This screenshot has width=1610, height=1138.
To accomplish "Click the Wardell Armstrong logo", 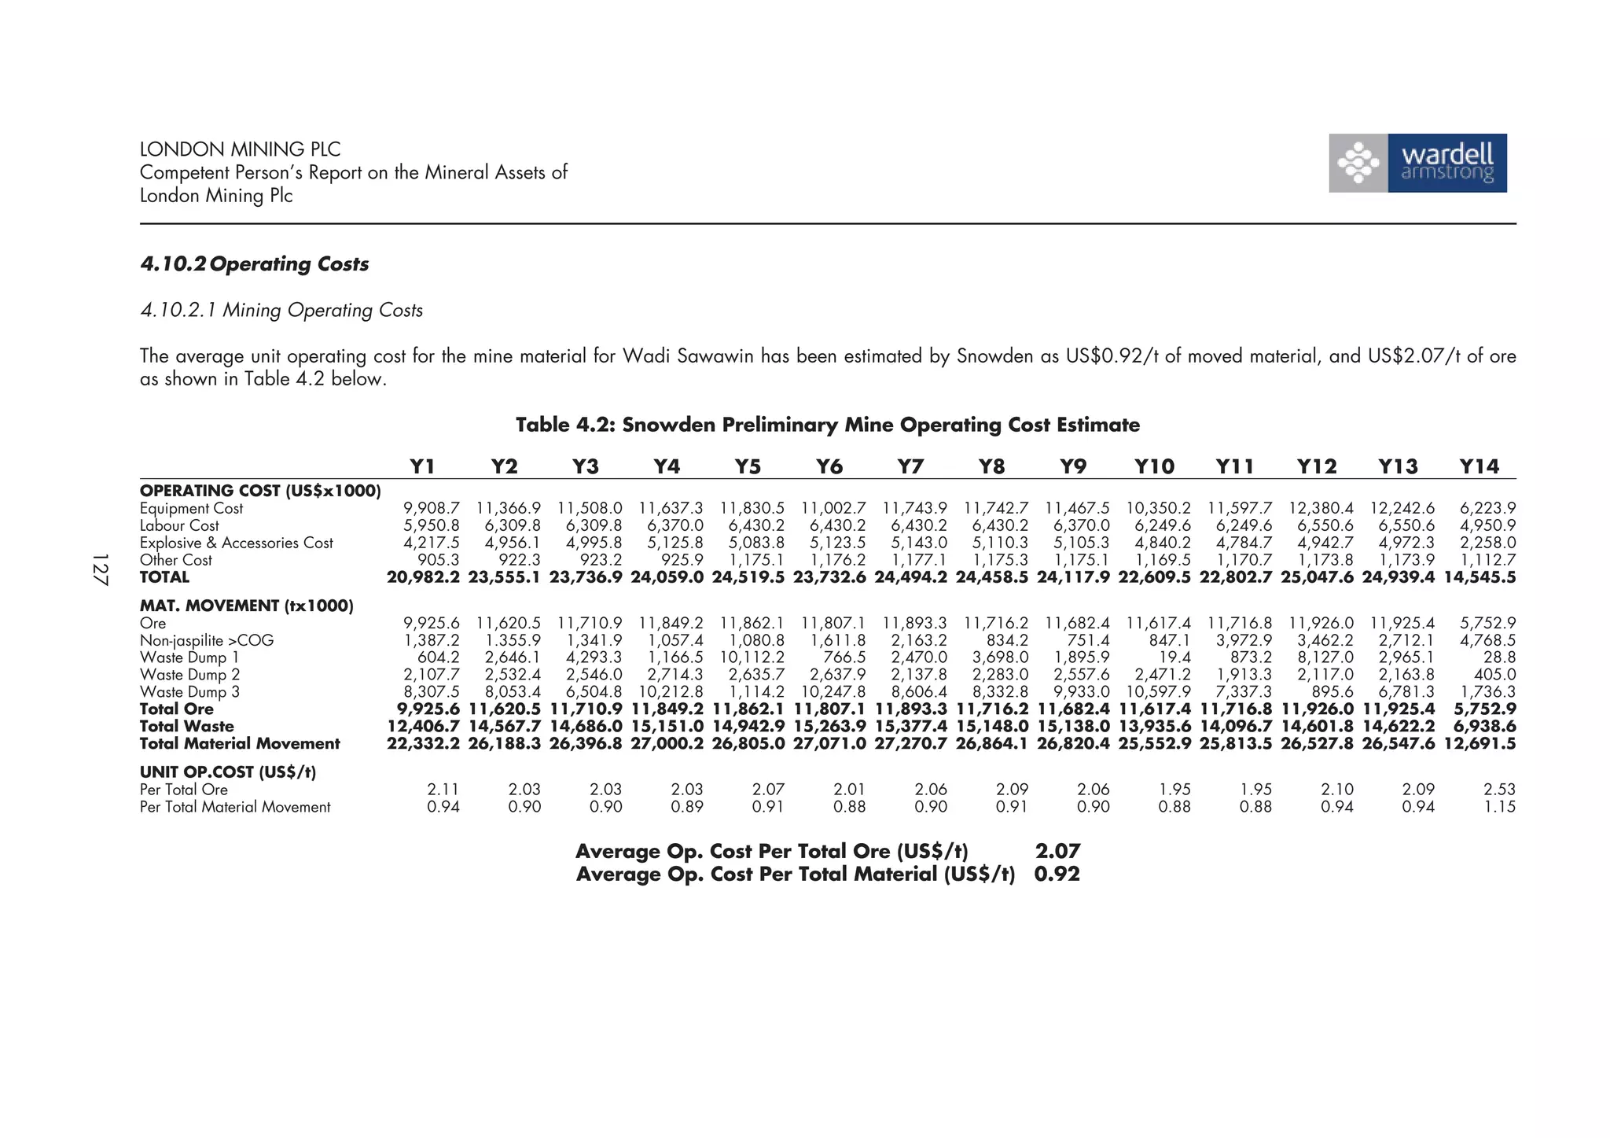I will (1417, 163).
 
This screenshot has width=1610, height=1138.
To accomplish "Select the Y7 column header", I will (910, 467).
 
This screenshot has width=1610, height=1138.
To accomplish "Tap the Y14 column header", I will (1479, 467).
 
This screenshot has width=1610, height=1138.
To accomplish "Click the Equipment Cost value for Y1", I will (432, 509).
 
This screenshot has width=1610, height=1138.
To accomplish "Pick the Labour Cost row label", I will (179, 526).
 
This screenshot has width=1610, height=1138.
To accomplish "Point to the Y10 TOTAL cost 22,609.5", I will (1154, 578).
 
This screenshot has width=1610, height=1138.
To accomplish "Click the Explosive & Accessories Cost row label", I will (236, 543).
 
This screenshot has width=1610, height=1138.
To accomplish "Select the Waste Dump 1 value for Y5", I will (752, 658).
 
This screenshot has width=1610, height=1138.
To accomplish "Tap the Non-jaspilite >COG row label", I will (207, 641).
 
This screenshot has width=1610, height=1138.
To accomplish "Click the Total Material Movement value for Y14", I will (1480, 744).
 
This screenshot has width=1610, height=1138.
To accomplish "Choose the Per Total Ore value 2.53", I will (1499, 790).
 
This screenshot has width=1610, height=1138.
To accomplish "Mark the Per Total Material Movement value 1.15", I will (1499, 807).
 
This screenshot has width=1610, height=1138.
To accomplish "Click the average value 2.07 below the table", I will (1057, 852).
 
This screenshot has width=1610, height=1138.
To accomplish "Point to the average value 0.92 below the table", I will (1057, 875).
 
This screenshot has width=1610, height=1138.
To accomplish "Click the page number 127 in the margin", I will (100, 569).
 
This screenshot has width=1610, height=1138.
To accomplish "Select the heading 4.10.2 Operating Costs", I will (254, 264).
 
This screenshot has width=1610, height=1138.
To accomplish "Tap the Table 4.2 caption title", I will (827, 425).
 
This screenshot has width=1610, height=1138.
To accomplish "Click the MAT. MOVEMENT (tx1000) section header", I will (246, 606).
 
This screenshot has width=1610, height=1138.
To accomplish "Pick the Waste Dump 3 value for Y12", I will (1332, 692).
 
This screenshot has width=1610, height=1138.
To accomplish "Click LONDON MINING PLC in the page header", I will (240, 149).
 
